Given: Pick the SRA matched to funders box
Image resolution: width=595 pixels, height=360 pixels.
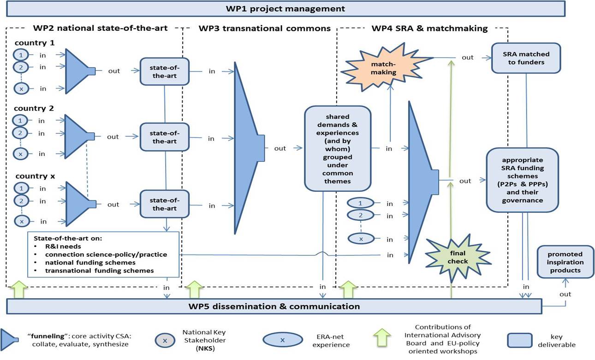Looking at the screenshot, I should click(526, 58).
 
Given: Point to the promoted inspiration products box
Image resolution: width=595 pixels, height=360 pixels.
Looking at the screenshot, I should click(565, 262).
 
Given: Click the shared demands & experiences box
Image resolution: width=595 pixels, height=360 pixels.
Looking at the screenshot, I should click(337, 148).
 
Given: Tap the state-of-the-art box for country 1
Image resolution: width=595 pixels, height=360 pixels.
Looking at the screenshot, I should click(165, 71).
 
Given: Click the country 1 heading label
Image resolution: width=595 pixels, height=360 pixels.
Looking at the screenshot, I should click(35, 43).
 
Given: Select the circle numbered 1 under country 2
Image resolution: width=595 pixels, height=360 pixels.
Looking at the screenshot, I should click(20, 121).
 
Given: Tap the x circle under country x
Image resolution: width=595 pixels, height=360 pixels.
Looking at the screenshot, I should click(21, 221).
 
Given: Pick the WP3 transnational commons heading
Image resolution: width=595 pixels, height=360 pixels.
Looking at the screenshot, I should click(264, 29).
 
